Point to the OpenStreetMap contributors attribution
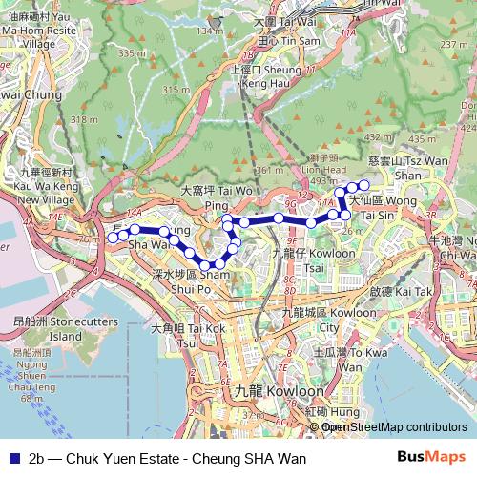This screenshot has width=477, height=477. tap(392, 427)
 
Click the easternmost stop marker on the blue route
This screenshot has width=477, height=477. tap(363, 184)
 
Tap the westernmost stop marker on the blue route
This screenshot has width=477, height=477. tap(112, 236)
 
